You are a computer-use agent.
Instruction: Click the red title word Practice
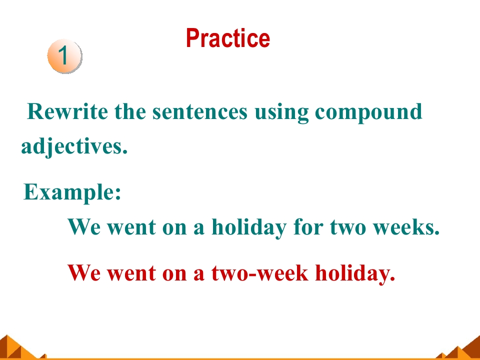click(x=228, y=38)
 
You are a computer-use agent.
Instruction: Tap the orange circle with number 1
click(x=64, y=56)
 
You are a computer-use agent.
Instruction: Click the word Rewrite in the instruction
click(x=67, y=111)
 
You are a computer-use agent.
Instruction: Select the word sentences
click(x=199, y=111)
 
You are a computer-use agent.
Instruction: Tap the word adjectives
click(x=74, y=146)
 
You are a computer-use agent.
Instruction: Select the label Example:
click(x=72, y=192)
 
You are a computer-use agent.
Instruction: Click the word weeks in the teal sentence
click(x=406, y=227)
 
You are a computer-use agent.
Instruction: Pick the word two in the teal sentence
click(x=348, y=228)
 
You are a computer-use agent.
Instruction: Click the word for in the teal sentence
click(x=308, y=227)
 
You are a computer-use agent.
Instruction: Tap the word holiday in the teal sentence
click(x=249, y=228)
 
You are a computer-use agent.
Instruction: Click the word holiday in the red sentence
click(x=355, y=273)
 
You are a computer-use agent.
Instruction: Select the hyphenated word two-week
click(x=259, y=272)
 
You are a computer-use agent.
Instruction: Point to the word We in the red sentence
click(x=83, y=273)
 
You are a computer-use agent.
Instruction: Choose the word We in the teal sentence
click(x=83, y=227)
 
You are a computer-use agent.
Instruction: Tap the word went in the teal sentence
click(x=131, y=228)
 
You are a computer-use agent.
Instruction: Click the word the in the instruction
click(x=130, y=111)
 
